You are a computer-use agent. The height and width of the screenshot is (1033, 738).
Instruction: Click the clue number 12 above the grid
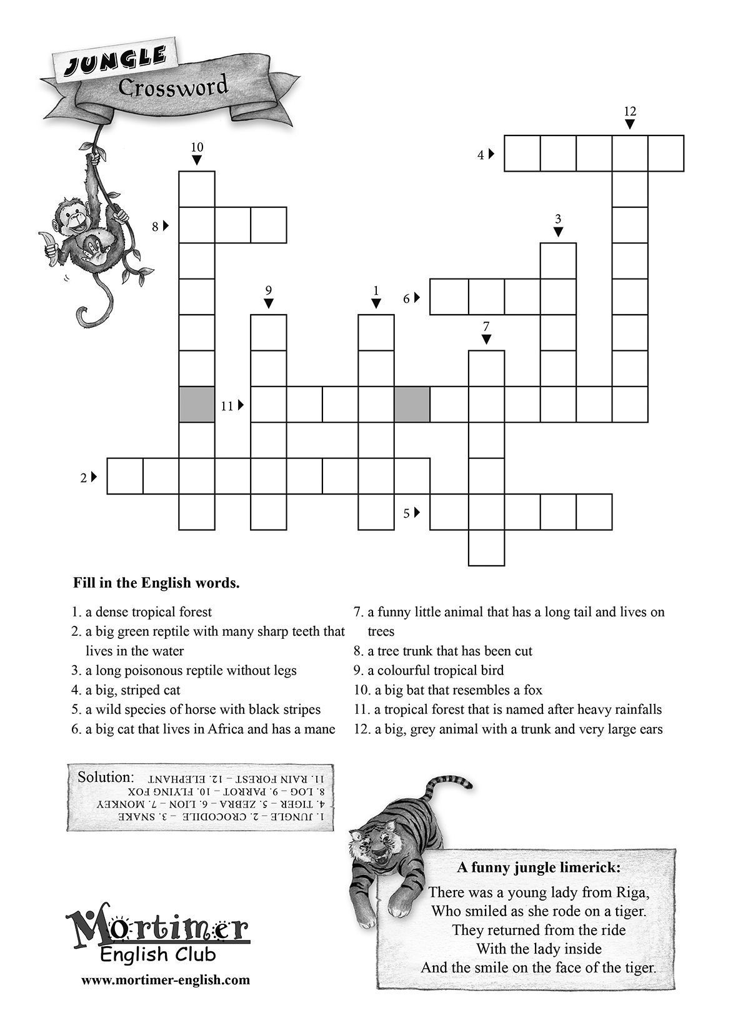click(x=629, y=112)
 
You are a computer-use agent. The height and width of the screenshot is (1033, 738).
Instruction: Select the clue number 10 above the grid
click(x=197, y=147)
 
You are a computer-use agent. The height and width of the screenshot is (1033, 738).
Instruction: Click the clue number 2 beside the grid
click(x=83, y=478)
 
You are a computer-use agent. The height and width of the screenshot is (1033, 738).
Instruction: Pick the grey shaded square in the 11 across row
click(x=412, y=405)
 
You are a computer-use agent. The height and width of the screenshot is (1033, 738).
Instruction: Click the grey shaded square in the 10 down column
click(x=197, y=405)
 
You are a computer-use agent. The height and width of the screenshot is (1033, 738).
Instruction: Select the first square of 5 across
click(x=449, y=512)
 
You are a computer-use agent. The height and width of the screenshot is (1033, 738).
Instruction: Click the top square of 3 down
click(x=558, y=260)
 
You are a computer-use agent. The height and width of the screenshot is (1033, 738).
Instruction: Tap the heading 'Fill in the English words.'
click(x=156, y=584)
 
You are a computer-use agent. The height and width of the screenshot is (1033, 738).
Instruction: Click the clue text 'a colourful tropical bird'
click(x=435, y=670)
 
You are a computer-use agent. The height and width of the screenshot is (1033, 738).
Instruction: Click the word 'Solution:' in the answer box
click(x=106, y=778)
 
